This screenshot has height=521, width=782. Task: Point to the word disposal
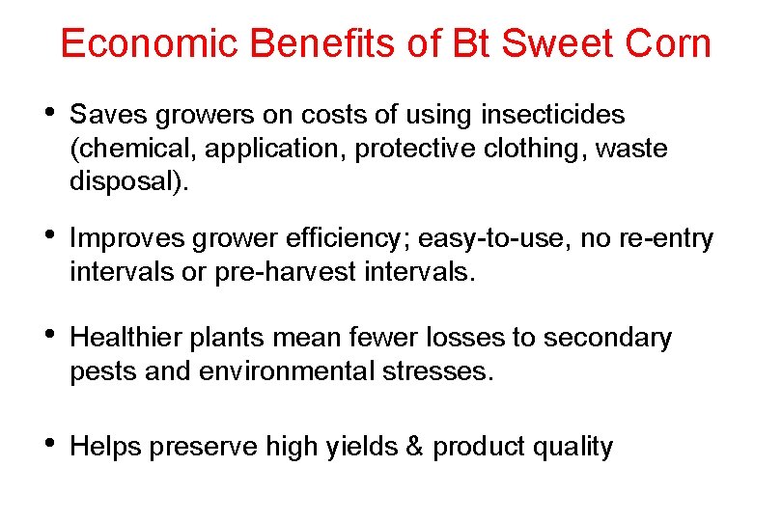click(125, 182)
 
